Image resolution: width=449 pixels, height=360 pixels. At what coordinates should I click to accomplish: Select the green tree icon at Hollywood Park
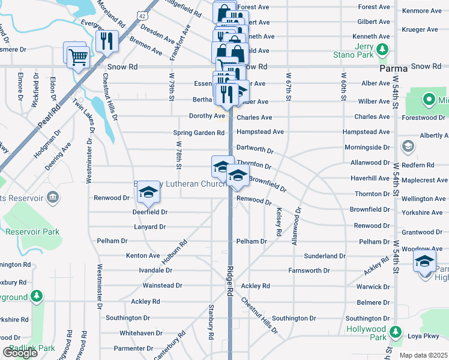click(x=396, y=332)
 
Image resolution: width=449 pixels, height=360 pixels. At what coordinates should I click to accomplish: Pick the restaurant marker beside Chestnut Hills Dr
click(x=107, y=41)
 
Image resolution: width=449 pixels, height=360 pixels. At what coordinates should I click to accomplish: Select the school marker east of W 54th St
click(x=424, y=262)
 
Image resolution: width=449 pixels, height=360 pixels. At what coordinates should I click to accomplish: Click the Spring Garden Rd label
click(x=198, y=133)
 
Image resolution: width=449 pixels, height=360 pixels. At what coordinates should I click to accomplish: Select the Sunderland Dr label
click(x=325, y=256)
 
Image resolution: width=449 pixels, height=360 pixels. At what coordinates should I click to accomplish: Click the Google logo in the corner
click(x=20, y=352)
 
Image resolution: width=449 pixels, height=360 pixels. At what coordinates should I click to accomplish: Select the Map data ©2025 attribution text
click(x=423, y=355)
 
